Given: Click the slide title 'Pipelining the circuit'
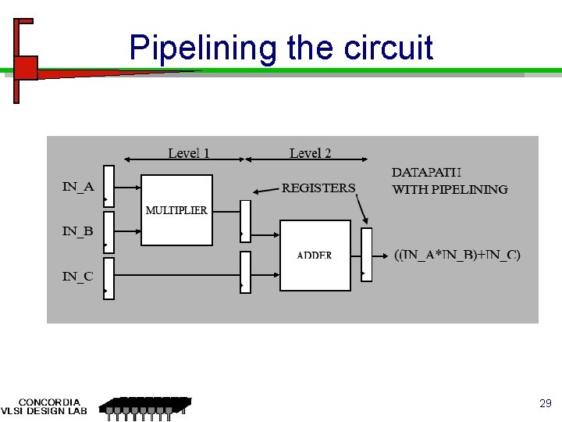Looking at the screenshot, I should [281, 48].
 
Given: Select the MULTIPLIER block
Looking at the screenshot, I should [176, 210].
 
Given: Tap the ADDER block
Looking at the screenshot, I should [315, 256].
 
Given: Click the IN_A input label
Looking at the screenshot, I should [78, 187].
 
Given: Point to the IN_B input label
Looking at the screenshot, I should [78, 231].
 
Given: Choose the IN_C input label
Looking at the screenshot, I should [78, 276].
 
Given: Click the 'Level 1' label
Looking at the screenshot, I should [189, 153].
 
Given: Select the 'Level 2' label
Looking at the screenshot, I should [310, 153].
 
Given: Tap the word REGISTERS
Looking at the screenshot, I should [318, 188].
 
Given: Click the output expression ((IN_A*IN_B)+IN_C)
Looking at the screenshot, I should [457, 255].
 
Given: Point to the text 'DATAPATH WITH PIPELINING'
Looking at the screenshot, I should [450, 181].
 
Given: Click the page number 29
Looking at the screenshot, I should [546, 404].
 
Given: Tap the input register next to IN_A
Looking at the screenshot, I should [109, 187].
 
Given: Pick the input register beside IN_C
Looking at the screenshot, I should [109, 278].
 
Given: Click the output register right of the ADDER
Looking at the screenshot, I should [367, 254].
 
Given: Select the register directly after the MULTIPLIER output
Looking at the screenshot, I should [245, 221].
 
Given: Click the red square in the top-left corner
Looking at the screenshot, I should [26, 68].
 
